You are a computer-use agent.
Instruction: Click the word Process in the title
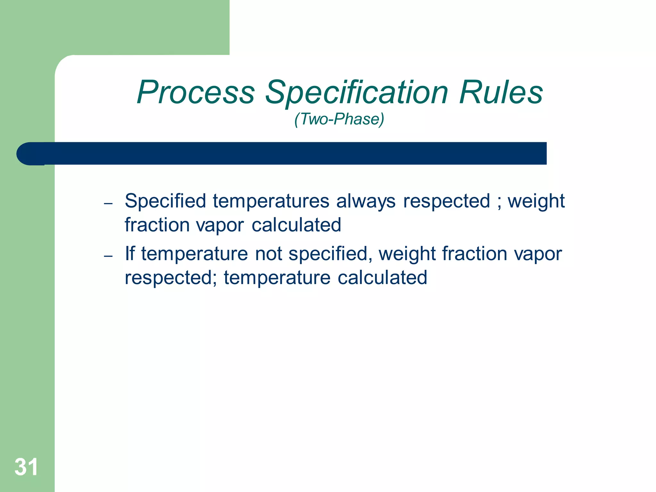[x=196, y=93]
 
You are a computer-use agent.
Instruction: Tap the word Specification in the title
[x=357, y=93]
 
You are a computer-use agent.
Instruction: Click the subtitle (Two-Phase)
[x=339, y=119]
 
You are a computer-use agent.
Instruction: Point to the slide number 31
[x=26, y=467]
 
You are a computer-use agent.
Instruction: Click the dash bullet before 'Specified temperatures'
[x=108, y=204]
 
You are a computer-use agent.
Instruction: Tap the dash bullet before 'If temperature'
[x=108, y=256]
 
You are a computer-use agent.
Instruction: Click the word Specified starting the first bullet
[x=165, y=201]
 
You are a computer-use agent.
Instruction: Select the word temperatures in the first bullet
[x=271, y=201]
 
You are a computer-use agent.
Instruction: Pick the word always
[x=366, y=201]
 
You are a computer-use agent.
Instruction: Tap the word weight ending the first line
[x=536, y=201]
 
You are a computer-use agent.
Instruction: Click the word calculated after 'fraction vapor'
[x=296, y=225]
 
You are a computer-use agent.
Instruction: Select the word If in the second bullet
[x=129, y=253]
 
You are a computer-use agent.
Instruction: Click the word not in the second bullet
[x=268, y=253]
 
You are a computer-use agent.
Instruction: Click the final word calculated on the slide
[x=382, y=277]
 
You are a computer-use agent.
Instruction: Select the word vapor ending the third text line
[x=538, y=253]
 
